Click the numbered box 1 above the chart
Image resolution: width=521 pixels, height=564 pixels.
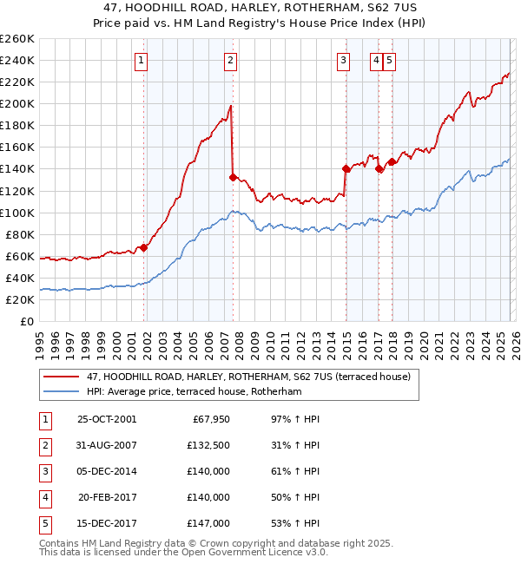pos(141,60)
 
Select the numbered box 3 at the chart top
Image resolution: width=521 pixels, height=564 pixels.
pos(344,60)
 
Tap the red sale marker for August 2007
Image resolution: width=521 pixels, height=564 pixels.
pos(233,177)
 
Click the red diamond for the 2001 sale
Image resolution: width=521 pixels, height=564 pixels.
pos(144,247)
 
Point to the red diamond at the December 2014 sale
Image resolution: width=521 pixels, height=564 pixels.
pos(346,168)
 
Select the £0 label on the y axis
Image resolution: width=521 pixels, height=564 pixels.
pos(27,321)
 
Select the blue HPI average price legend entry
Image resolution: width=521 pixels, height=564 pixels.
pos(193,391)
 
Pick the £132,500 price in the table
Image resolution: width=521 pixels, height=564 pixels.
pos(208,445)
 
